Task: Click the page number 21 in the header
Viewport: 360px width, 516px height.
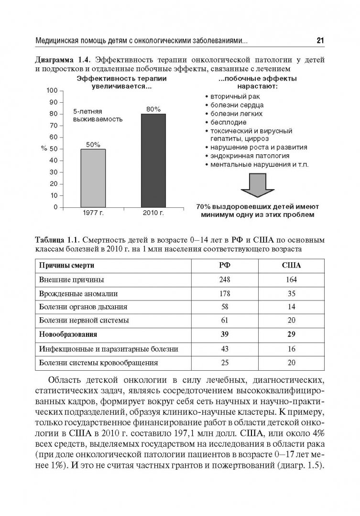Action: (x=320, y=41)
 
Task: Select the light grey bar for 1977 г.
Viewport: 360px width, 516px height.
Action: (x=93, y=178)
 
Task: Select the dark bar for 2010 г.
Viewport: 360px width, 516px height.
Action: (x=153, y=161)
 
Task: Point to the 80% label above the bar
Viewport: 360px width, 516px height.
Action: (x=153, y=108)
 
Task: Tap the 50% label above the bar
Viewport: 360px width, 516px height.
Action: (x=93, y=144)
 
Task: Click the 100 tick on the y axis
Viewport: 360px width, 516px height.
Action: (x=53, y=90)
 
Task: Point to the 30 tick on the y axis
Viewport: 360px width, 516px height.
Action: (x=55, y=172)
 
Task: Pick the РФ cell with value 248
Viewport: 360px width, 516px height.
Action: (x=225, y=279)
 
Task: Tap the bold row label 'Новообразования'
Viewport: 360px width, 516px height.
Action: (x=67, y=334)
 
